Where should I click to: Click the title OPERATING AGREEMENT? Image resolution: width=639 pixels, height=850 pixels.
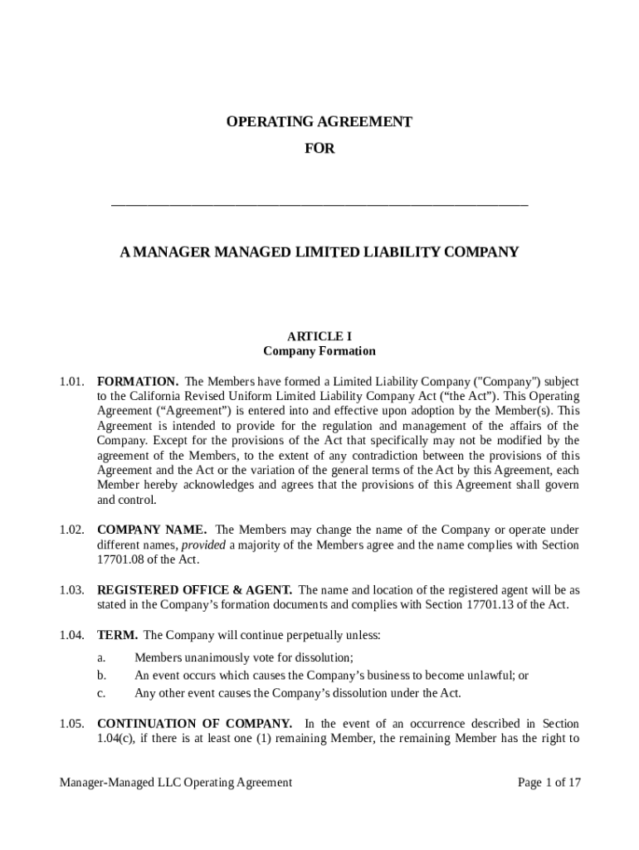(x=319, y=122)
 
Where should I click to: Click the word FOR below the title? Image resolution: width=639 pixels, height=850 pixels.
(x=319, y=149)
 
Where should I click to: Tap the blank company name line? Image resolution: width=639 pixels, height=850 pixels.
(x=319, y=202)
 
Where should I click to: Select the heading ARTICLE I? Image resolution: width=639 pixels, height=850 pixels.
(x=319, y=336)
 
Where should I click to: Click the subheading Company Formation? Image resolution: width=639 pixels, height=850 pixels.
(x=319, y=351)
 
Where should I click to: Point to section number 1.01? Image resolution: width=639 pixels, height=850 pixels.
(x=72, y=381)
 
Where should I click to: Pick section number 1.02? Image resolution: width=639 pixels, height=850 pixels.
(x=72, y=530)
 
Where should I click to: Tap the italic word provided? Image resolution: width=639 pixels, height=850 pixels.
(x=203, y=545)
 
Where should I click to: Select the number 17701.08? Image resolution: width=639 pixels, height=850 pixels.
(x=121, y=560)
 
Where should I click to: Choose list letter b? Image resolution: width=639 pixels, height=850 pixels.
(x=101, y=676)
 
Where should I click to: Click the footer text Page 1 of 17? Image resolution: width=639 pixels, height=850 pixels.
(x=549, y=782)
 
